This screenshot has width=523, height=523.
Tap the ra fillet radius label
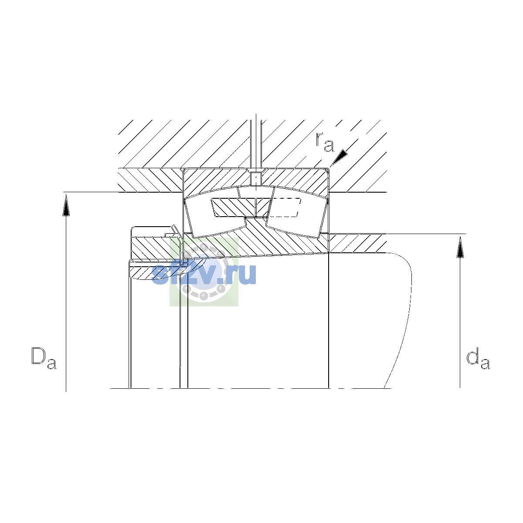325,142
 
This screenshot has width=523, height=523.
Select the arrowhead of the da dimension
460,247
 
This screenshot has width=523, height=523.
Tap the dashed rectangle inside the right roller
285,207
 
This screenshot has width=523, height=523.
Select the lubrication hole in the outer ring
256,178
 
